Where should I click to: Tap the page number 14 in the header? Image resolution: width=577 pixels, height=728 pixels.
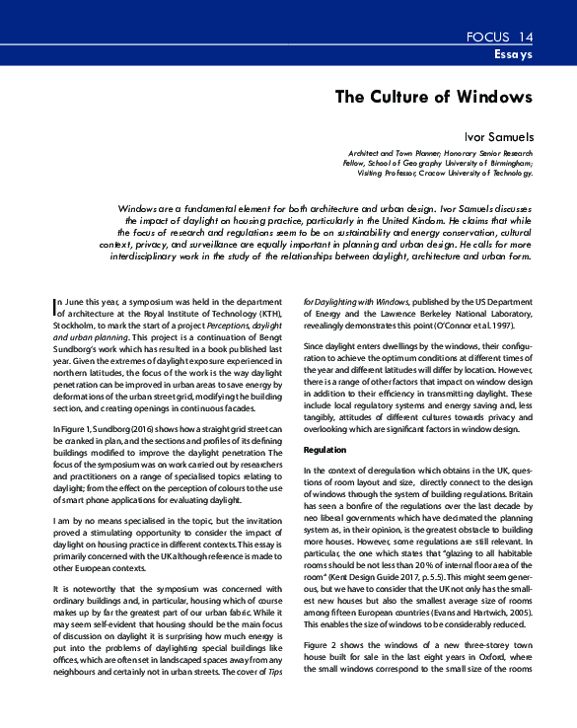click(524, 37)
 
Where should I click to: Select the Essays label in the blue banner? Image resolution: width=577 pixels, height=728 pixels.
click(513, 55)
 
